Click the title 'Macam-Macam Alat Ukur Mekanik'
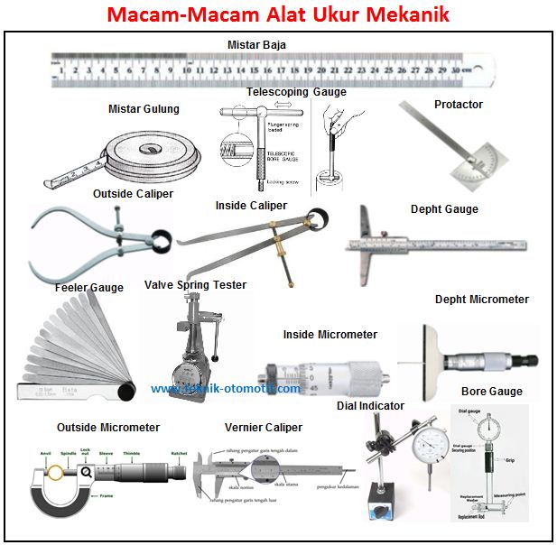[x=278, y=15]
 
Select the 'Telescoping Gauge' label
[x=296, y=92]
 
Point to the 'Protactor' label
[x=458, y=105]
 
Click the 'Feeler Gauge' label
[x=88, y=288]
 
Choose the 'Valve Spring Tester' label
[x=195, y=285]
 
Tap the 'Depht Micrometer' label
[x=482, y=300]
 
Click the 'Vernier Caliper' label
[x=264, y=427]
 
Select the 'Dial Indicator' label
[x=370, y=406]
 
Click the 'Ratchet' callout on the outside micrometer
[x=179, y=454]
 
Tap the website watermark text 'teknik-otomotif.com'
[x=226, y=388]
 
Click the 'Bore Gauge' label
[x=491, y=392]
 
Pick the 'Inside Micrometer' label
[x=330, y=335]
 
